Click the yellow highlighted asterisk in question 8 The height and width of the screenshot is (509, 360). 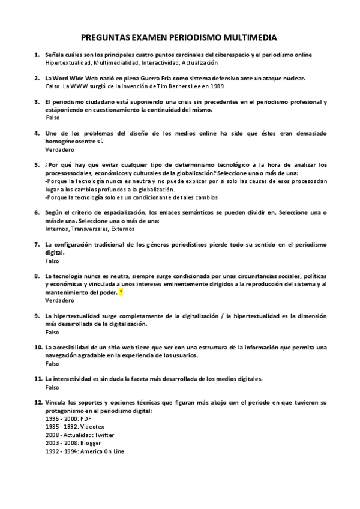[121, 292]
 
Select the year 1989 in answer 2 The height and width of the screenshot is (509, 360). [226, 86]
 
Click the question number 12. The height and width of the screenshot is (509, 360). [38, 401]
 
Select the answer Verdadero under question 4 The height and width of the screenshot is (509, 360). [58, 148]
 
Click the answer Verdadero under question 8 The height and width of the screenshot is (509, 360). [58, 300]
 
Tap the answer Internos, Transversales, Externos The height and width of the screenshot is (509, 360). [90, 229]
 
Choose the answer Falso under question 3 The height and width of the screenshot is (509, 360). [52, 118]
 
